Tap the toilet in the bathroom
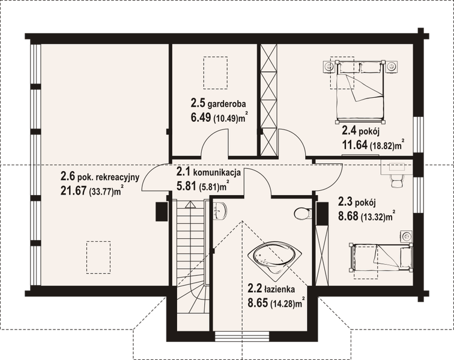[x=303, y=212]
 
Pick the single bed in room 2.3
[x=380, y=256]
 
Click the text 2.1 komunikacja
[x=208, y=173]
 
